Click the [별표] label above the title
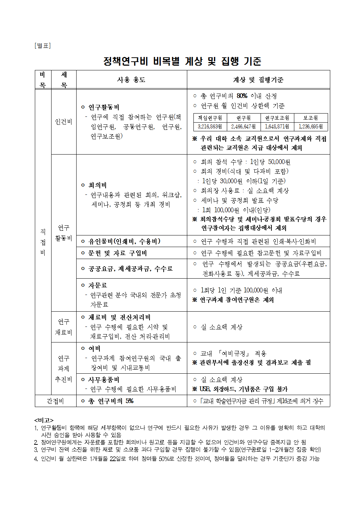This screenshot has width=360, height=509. [42, 46]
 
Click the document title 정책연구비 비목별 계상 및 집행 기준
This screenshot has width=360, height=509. [182, 61]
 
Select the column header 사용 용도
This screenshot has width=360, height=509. [131, 80]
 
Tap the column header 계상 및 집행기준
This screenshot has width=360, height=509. [258, 80]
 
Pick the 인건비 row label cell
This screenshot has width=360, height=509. [64, 122]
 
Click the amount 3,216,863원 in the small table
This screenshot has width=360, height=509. [210, 127]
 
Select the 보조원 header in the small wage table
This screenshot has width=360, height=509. [310, 118]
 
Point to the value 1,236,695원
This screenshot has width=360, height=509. [310, 127]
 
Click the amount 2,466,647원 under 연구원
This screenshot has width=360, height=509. [243, 127]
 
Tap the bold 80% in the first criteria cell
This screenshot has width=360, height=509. [242, 96]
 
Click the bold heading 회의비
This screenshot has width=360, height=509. [98, 185]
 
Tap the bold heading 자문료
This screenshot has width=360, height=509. [98, 286]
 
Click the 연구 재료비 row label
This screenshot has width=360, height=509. [64, 327]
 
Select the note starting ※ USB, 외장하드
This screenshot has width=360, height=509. [240, 389]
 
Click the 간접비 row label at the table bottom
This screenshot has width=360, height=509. [55, 401]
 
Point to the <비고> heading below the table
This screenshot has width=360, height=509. [44, 420]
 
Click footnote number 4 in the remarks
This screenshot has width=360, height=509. [36, 459]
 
